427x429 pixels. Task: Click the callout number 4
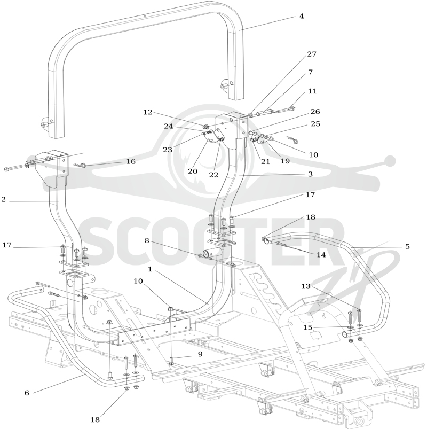[x=302, y=16]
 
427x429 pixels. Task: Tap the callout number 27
[x=312, y=54]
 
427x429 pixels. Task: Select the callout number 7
[x=310, y=72]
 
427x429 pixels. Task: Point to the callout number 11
[x=312, y=91]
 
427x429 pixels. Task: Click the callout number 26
[x=315, y=112]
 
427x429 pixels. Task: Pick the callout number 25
[x=315, y=124]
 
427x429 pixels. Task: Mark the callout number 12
[x=148, y=112]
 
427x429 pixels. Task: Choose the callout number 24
[x=168, y=127]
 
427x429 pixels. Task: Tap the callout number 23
[x=168, y=150]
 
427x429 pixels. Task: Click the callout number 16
[x=131, y=161]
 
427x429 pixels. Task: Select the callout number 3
[x=310, y=174]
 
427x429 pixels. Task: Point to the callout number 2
[x=3, y=199]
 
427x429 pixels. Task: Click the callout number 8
[x=147, y=240]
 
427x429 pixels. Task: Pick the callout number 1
[x=150, y=269]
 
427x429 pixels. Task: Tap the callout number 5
[x=407, y=246]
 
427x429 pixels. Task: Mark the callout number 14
[x=321, y=255]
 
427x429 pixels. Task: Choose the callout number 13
[x=306, y=286]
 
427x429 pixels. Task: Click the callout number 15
[x=307, y=327]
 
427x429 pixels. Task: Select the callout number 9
[x=200, y=354]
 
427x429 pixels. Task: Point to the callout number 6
[x=27, y=393]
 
